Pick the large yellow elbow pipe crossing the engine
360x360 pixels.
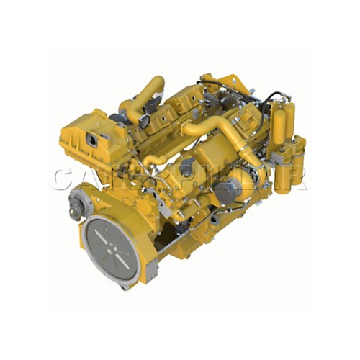point(216,133)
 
